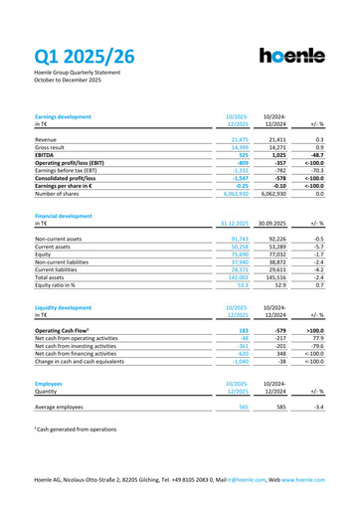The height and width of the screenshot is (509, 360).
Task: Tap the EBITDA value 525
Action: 239,155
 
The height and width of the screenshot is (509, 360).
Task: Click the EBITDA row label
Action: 47,155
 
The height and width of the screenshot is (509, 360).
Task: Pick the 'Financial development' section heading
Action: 64,215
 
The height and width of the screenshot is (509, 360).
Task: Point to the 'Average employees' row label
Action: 59,407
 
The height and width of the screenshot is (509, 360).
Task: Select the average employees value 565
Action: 240,407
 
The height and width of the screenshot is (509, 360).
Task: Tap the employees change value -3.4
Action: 318,407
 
